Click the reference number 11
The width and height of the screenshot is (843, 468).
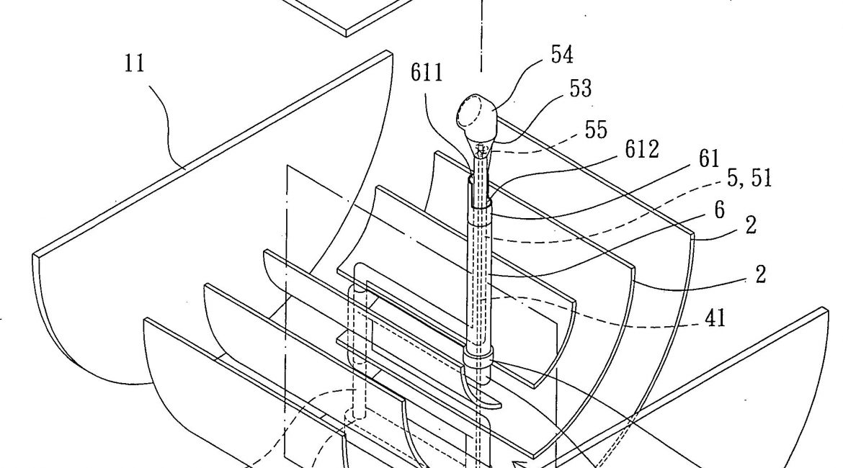click(134, 63)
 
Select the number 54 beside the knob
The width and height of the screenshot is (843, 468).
click(562, 55)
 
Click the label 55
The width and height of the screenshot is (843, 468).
click(595, 130)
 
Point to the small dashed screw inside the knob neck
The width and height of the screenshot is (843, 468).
click(483, 150)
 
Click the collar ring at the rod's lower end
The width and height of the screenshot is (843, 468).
click(478, 357)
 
